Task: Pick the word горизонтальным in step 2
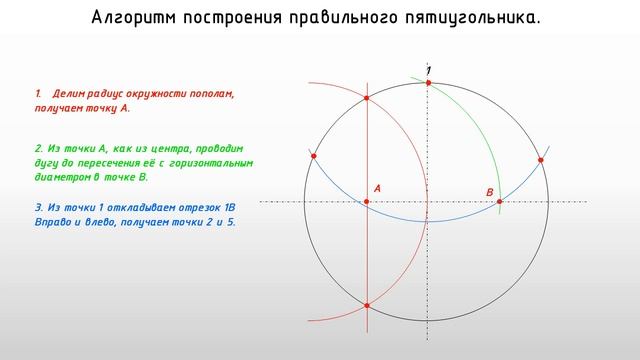pos(211,162)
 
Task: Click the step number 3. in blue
pos(38,207)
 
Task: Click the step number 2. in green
pos(38,148)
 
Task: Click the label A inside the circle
pos(377,188)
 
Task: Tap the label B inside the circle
pos(490,191)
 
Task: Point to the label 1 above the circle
pos(430,69)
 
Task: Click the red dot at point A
pos(367,202)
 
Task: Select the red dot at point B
pos(500,202)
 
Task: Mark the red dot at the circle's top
pos(428,82)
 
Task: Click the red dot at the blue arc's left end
pos(313,156)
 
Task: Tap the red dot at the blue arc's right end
pos(541,160)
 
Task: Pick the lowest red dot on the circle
pos(367,305)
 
